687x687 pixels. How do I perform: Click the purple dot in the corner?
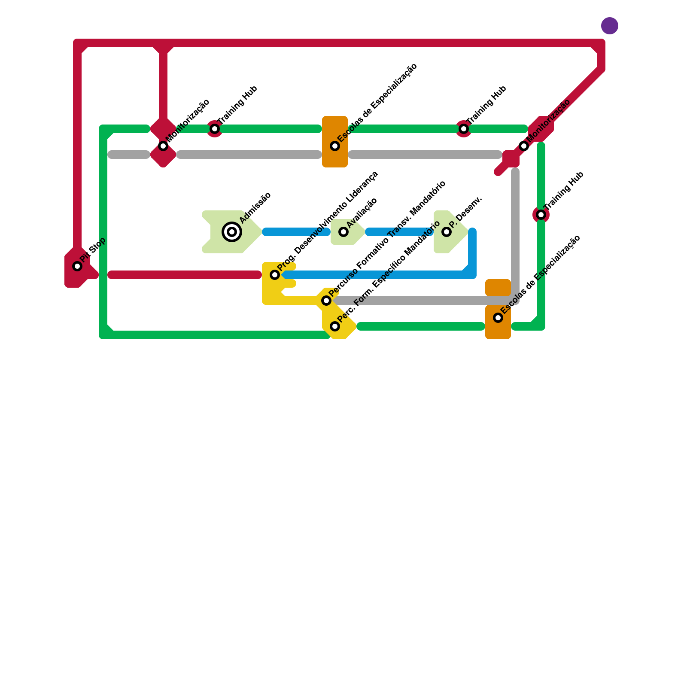(609, 26)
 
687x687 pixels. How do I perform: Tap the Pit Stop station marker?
(77, 266)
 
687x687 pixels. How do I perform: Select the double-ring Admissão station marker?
(232, 232)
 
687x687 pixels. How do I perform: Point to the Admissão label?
(255, 208)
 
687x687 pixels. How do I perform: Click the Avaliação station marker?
(343, 232)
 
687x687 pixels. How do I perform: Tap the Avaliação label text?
(362, 213)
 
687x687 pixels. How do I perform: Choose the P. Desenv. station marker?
(447, 232)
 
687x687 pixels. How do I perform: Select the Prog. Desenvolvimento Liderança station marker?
(275, 275)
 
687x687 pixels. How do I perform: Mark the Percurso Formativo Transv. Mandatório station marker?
(326, 301)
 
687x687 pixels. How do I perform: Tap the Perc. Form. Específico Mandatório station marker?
(335, 326)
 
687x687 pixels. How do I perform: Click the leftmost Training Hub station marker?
(215, 129)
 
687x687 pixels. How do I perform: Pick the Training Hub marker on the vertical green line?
(541, 215)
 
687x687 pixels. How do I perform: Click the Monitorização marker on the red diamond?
(163, 146)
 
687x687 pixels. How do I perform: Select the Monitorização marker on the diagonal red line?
(524, 146)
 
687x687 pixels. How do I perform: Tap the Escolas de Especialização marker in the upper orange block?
(335, 146)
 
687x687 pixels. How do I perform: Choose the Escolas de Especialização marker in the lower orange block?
(498, 318)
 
